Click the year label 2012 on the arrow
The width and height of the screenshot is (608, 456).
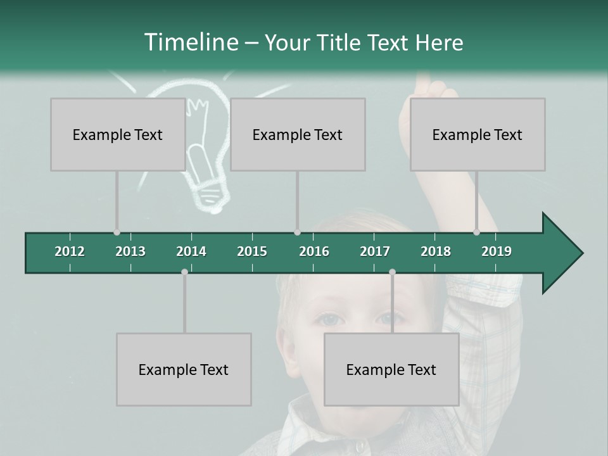(x=70, y=251)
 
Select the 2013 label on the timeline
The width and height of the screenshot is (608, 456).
(x=130, y=251)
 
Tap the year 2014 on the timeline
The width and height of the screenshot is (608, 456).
(x=191, y=251)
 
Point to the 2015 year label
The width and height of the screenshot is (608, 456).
(x=252, y=251)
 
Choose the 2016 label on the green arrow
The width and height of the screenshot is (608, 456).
(x=314, y=251)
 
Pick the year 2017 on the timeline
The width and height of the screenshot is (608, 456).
(x=375, y=251)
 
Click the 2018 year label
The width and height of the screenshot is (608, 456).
(x=436, y=251)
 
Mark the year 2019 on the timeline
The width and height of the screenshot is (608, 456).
(x=497, y=251)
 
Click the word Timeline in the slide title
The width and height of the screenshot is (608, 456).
(x=190, y=42)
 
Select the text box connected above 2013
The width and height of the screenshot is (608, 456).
(x=118, y=134)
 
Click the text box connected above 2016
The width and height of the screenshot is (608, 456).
(x=298, y=134)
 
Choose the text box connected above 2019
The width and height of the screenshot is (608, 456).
(x=478, y=134)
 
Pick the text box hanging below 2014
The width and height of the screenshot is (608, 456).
(x=184, y=369)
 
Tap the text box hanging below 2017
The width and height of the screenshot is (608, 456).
(x=391, y=369)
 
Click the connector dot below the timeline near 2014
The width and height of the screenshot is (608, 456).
(x=184, y=272)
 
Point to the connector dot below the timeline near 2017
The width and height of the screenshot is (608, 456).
(x=392, y=272)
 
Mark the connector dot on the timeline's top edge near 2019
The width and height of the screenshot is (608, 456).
(x=477, y=232)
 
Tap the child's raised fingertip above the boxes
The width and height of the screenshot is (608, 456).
(x=423, y=80)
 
